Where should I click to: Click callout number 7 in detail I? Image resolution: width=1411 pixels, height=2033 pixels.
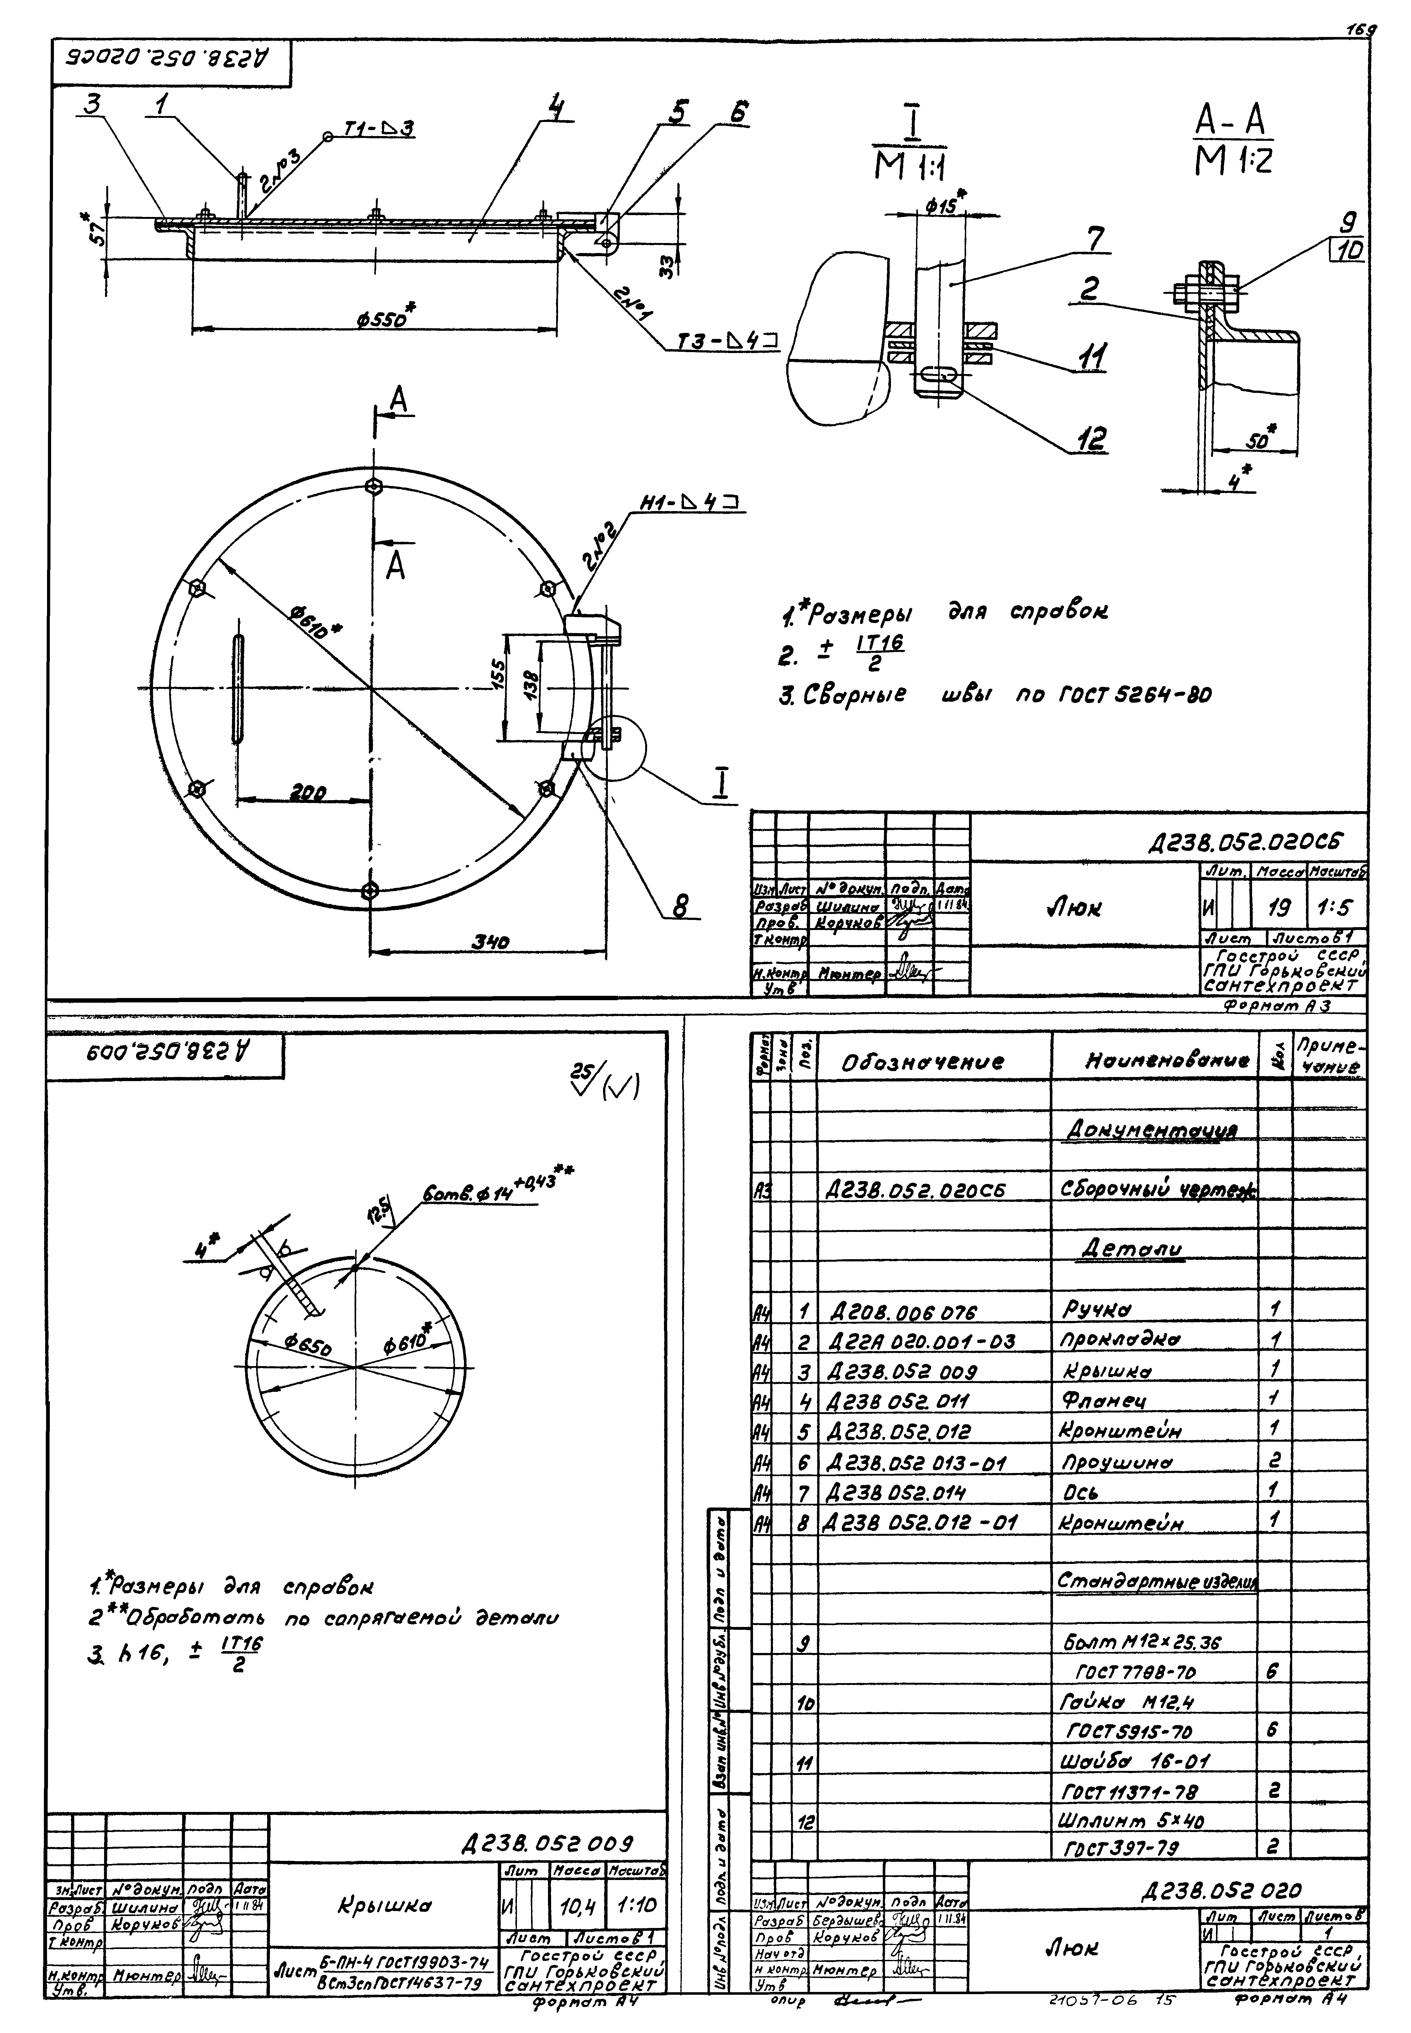point(1094,239)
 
